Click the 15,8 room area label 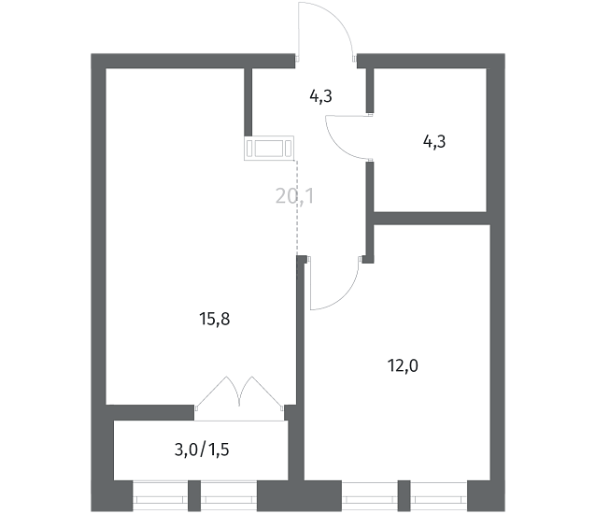pyautogui.click(x=214, y=319)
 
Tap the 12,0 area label pyautogui.click(x=403, y=365)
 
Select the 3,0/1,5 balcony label pyautogui.click(x=202, y=450)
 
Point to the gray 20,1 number pyautogui.click(x=295, y=196)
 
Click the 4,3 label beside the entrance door pyautogui.click(x=320, y=96)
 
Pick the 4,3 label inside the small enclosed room pyautogui.click(x=434, y=141)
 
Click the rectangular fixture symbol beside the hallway pyautogui.click(x=269, y=149)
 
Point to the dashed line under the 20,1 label pyautogui.click(x=297, y=207)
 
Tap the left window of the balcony pyautogui.click(x=161, y=495)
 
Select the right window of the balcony pyautogui.click(x=229, y=495)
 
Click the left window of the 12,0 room pyautogui.click(x=370, y=495)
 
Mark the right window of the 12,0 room pyautogui.click(x=439, y=495)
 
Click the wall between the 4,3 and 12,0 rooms pyautogui.click(x=431, y=219)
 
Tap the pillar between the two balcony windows pyautogui.click(x=194, y=495)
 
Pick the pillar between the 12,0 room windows pyautogui.click(x=404, y=495)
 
